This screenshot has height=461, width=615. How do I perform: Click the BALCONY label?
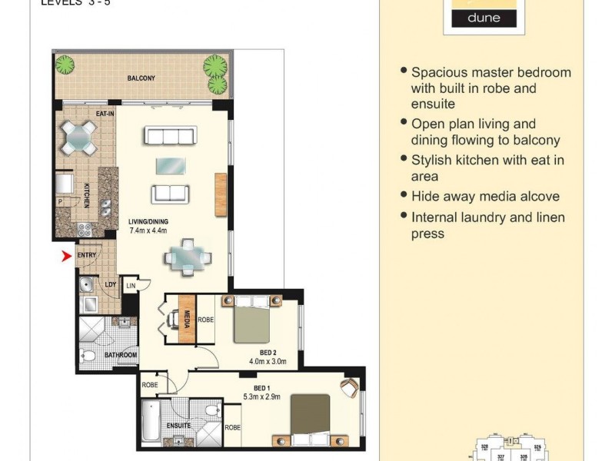point(141,78)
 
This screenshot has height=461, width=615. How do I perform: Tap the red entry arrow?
point(66,256)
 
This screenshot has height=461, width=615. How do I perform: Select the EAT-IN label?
point(105,114)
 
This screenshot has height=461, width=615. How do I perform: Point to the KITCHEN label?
point(87,196)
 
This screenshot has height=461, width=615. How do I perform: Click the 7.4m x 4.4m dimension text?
point(148,230)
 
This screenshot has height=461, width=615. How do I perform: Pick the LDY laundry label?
point(110,284)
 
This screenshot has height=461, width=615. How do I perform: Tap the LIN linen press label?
point(131,285)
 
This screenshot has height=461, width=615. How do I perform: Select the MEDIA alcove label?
point(187,317)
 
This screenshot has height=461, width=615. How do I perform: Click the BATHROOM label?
point(121,355)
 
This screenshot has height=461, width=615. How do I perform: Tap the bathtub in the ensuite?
point(151,423)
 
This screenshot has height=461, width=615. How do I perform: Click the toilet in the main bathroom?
point(89,356)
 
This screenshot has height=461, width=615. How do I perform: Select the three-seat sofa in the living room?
point(170,136)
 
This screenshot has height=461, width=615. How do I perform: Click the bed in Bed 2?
point(252,321)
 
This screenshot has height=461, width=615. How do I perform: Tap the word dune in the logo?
point(484,18)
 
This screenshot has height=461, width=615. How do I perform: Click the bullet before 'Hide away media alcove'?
point(404,195)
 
